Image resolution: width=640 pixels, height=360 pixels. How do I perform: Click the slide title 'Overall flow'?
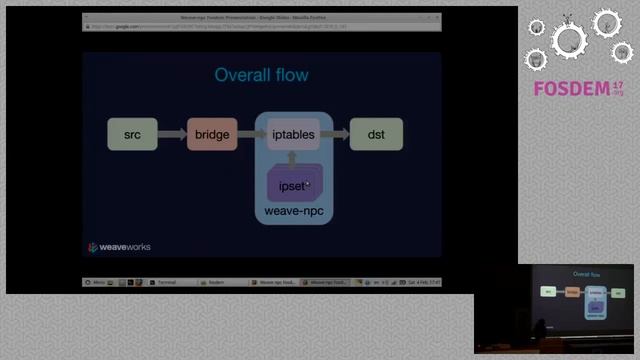click(262, 75)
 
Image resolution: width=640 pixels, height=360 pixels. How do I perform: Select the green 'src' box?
click(132, 134)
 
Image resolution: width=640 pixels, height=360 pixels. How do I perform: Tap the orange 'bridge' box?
click(212, 134)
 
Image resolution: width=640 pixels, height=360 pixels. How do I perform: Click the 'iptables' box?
click(293, 134)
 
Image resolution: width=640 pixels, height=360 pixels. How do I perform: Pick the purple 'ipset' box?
click(293, 184)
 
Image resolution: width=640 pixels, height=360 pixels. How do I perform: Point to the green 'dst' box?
click(376, 134)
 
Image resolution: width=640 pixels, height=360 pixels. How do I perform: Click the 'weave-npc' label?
click(293, 213)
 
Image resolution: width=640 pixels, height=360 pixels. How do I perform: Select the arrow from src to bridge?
click(172, 134)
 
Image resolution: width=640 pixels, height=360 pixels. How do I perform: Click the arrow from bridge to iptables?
click(252, 134)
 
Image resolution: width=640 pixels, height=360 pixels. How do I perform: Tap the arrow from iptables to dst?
click(334, 134)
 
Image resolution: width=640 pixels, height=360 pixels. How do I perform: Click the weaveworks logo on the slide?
click(119, 247)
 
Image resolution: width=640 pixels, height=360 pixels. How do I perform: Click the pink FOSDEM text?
click(571, 89)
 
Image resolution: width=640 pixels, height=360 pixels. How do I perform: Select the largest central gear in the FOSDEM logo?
click(570, 41)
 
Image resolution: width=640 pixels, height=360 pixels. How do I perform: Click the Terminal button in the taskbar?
click(165, 283)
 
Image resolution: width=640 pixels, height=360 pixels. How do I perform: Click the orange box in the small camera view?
click(573, 292)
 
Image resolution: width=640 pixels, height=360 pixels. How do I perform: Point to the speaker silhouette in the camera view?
click(541, 330)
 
